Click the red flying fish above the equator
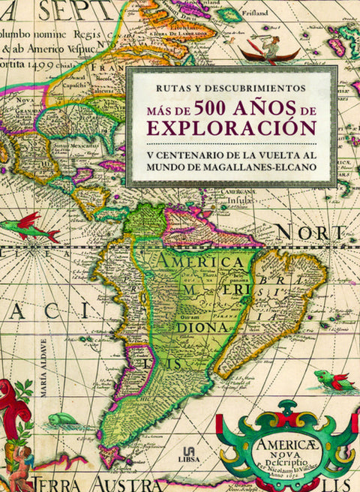click(x=37, y=226)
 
